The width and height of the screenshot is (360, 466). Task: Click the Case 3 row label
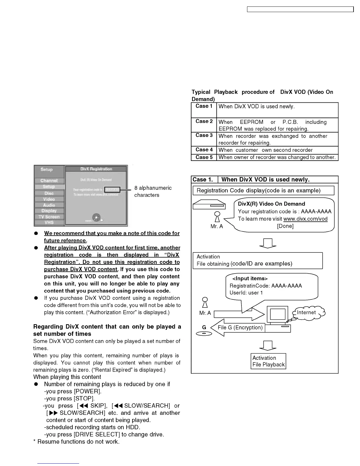(204, 135)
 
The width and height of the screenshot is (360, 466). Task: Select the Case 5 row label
(204, 157)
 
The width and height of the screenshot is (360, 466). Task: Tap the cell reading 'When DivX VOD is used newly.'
(256, 106)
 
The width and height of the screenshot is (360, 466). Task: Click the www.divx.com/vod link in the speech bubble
(305, 219)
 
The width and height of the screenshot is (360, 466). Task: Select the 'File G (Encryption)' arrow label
(240, 328)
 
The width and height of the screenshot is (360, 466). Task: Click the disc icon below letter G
(204, 334)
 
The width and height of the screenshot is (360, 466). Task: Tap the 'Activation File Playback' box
(268, 361)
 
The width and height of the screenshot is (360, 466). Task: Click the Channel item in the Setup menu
(49, 181)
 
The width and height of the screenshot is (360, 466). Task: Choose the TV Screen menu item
(49, 217)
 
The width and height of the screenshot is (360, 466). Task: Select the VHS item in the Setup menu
(49, 222)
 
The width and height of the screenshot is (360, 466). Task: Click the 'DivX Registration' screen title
(96, 169)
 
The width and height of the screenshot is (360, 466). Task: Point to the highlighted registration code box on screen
(112, 190)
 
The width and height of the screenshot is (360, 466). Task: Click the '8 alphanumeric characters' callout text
(153, 192)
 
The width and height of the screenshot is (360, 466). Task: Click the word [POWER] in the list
(88, 392)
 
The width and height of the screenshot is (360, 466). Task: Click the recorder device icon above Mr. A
(209, 204)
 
